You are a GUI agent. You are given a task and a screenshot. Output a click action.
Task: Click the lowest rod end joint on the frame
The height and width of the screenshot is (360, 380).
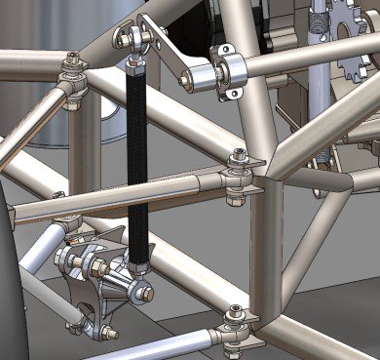point(235,327)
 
